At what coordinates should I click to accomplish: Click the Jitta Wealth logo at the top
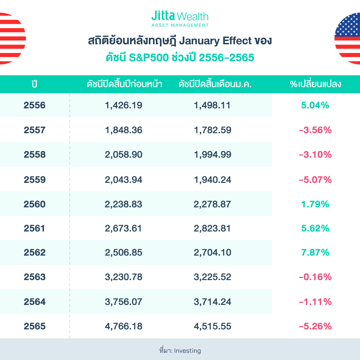click(x=180, y=19)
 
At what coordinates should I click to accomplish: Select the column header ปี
click(x=35, y=84)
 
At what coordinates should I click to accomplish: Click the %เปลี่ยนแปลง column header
click(x=315, y=84)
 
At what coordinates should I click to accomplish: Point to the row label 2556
click(x=35, y=105)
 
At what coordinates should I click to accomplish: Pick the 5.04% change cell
click(x=315, y=105)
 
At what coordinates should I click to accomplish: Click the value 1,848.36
click(x=123, y=130)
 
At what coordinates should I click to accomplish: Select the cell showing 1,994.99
click(x=212, y=155)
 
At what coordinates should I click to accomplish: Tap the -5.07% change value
click(x=315, y=179)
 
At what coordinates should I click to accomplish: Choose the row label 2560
click(x=35, y=204)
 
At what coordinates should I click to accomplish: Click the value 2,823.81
click(x=212, y=229)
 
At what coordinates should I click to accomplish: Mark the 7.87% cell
click(x=315, y=253)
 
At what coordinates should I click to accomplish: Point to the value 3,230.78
click(x=123, y=277)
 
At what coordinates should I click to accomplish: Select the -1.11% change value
click(x=315, y=302)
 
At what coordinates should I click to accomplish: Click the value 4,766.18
click(x=123, y=327)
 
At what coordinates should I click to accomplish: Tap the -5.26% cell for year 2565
click(x=315, y=327)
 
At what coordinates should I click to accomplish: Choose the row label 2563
click(x=35, y=277)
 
